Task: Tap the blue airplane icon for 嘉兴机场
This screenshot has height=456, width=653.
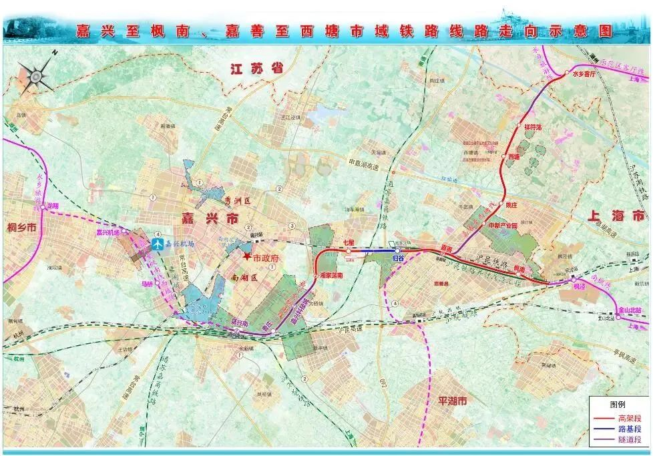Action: tap(158, 244)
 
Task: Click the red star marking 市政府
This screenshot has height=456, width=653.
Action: tap(246, 257)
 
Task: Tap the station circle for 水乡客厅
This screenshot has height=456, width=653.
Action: tap(566, 73)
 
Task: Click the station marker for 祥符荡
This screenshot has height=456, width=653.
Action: tap(519, 126)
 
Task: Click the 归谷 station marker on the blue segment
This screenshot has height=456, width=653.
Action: tap(398, 250)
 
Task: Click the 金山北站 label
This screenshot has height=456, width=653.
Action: tap(629, 310)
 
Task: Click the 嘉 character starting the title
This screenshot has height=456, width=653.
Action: tap(84, 29)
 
